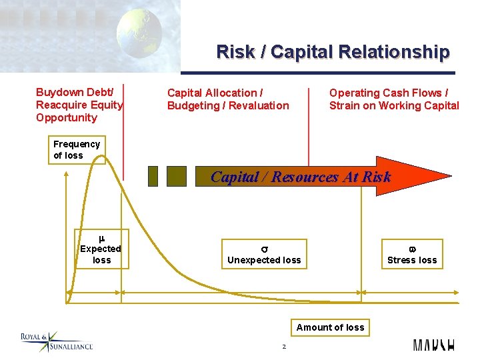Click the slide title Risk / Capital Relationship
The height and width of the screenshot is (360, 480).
[333, 52]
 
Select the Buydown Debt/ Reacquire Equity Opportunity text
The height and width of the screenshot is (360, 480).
[79, 105]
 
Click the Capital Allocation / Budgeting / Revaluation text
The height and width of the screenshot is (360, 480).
[228, 99]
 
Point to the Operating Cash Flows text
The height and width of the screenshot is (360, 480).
[394, 99]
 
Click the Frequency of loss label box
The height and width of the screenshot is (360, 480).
[77, 150]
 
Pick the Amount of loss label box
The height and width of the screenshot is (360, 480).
[330, 327]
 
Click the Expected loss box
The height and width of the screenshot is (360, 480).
[101, 249]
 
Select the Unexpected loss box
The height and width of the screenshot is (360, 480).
[264, 254]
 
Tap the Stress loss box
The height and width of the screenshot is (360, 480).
[412, 254]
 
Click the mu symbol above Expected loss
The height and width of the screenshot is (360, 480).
[101, 238]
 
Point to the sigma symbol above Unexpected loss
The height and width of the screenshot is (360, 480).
[264, 248]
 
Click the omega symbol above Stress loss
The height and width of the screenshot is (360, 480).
[412, 248]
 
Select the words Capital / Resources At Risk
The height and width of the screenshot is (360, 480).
[301, 177]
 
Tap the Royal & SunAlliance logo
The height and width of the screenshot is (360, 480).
[56, 341]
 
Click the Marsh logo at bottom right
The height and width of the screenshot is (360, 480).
[434, 345]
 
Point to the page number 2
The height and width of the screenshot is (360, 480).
[284, 347]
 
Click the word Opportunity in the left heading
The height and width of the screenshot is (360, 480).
[67, 118]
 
